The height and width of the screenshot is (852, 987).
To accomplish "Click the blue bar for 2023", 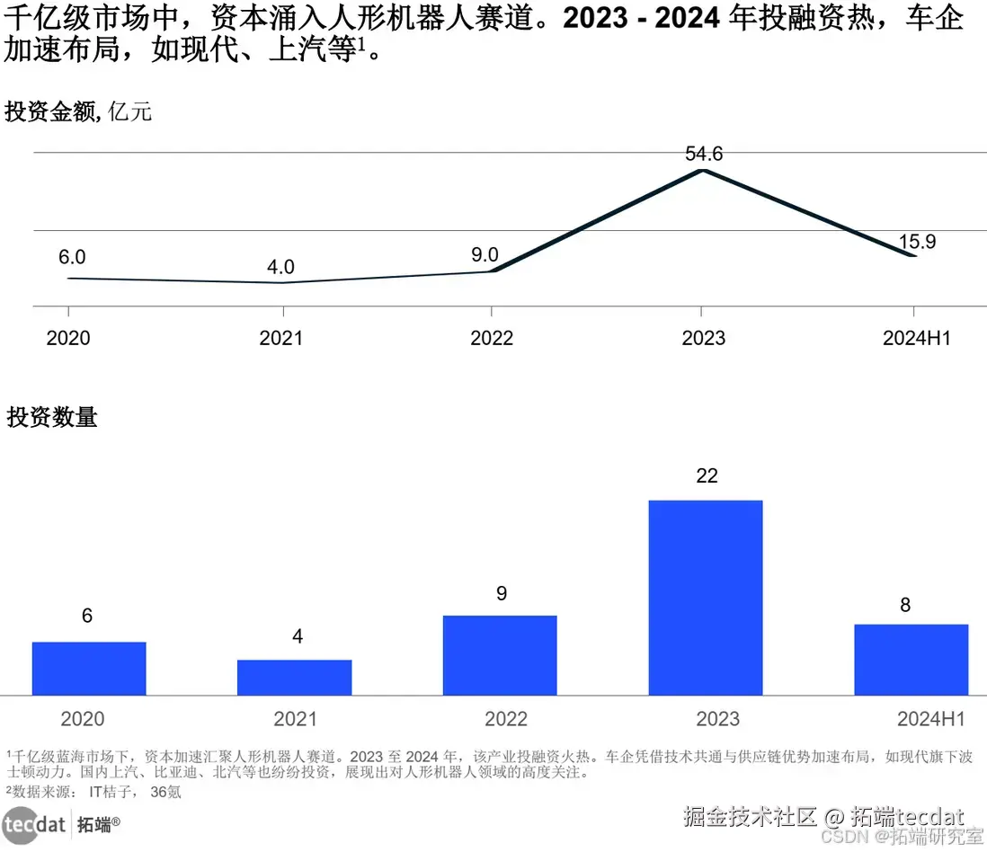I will click(705, 598).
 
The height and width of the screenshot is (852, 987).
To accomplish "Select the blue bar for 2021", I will click(294, 678).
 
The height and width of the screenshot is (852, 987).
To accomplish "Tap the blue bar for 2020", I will click(89, 669).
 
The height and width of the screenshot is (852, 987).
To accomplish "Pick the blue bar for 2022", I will click(500, 655).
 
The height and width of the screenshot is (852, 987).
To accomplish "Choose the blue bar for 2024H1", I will click(911, 660).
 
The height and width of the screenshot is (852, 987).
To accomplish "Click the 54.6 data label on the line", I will click(704, 154).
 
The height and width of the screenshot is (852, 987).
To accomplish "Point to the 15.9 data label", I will click(917, 242).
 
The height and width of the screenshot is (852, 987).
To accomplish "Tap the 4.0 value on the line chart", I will click(280, 267).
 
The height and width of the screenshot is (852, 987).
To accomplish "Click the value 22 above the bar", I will click(707, 475).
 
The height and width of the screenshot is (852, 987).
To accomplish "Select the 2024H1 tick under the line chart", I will click(916, 338).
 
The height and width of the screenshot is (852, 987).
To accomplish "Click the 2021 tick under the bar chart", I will click(295, 719).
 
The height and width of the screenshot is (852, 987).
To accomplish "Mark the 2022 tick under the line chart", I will click(492, 338).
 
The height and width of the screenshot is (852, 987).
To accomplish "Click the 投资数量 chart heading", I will click(52, 417).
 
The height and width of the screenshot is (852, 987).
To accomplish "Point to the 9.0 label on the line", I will click(485, 254).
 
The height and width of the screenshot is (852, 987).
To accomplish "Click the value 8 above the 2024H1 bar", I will click(905, 605).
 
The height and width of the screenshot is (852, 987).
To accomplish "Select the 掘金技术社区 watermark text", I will click(749, 817).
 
